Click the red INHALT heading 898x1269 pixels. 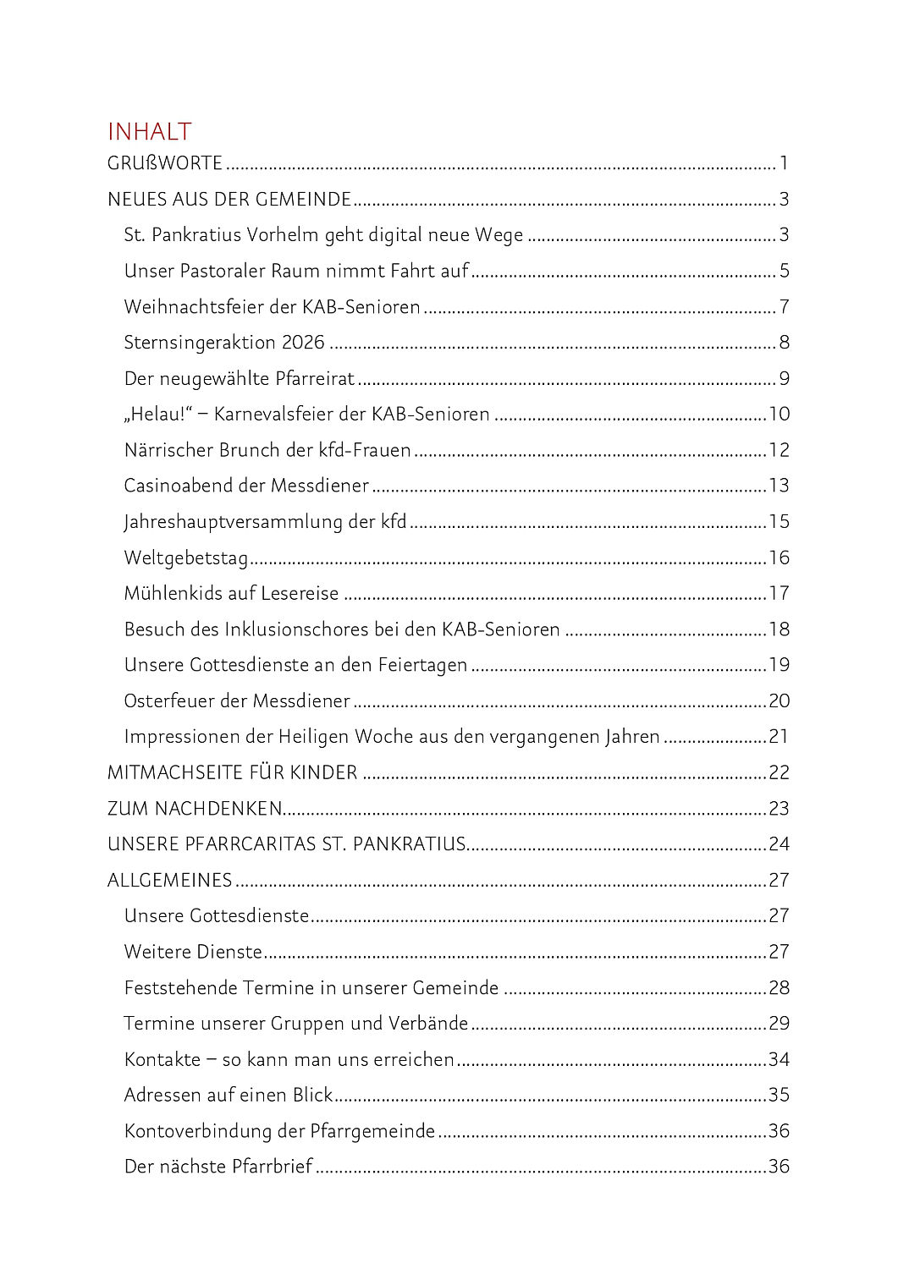(x=149, y=132)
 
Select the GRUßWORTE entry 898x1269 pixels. (x=164, y=163)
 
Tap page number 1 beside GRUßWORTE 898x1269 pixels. (x=784, y=163)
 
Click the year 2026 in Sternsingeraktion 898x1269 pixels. (x=303, y=343)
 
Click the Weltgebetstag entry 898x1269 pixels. (x=185, y=558)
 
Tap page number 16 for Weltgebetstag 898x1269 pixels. (x=779, y=558)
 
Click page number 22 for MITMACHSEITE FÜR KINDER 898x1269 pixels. (x=779, y=773)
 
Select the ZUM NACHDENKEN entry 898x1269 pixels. (x=194, y=809)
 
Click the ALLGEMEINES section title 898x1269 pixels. (x=169, y=881)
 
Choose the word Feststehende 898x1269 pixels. (x=180, y=988)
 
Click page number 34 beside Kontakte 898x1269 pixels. (x=779, y=1060)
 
